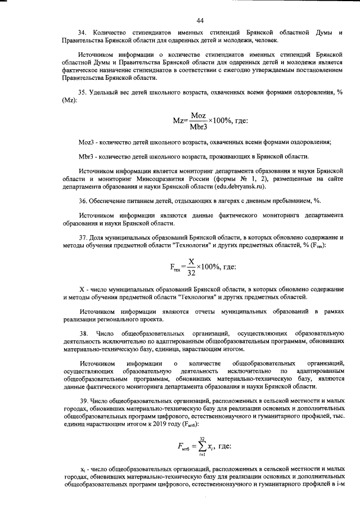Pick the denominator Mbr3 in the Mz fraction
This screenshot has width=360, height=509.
[198, 126]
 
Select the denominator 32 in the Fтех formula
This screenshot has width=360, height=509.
[192, 273]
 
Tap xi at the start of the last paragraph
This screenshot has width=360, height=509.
[82, 468]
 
